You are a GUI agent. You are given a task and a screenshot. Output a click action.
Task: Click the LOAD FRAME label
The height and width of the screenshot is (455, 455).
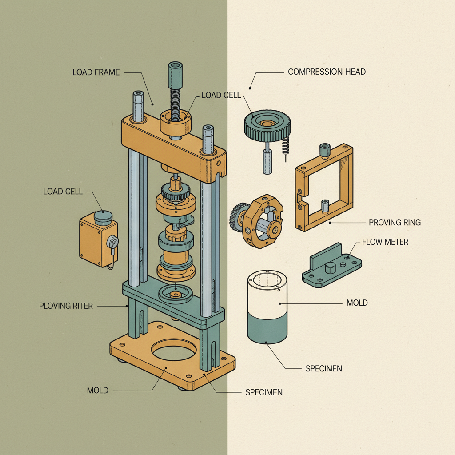point(96,72)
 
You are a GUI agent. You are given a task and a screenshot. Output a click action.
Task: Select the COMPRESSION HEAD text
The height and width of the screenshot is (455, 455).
point(327,72)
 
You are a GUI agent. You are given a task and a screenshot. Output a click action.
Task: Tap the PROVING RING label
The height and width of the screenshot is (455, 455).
point(395,222)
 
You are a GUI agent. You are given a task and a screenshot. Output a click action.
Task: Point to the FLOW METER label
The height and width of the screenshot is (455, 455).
point(385,242)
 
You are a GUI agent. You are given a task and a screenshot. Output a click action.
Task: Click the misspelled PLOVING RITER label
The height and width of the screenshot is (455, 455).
point(66,306)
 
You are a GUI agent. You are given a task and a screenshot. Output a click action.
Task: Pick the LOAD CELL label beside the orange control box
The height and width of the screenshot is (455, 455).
point(63,192)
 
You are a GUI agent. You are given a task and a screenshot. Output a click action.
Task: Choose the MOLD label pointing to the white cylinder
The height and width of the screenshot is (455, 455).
point(357,303)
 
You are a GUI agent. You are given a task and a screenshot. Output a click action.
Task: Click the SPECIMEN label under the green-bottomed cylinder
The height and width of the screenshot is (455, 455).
point(324,369)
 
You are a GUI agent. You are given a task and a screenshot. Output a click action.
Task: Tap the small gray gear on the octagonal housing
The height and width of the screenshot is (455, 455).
point(236,217)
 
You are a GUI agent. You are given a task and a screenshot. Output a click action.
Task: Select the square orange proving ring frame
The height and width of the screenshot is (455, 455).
point(323,187)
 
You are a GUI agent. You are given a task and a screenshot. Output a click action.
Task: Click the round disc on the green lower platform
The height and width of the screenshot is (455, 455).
point(176,294)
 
